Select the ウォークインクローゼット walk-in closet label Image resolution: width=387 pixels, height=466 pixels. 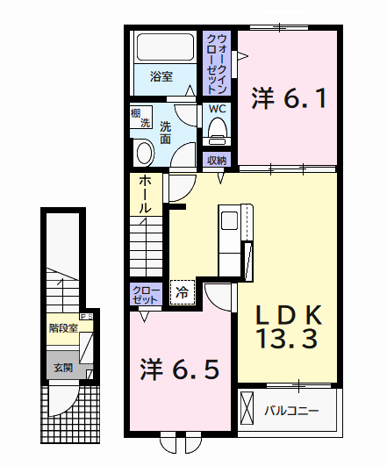219,63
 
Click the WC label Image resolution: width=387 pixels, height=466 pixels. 217,109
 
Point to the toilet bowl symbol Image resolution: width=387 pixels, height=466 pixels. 217,132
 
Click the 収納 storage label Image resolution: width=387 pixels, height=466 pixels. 217,160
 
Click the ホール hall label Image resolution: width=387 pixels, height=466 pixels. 147,194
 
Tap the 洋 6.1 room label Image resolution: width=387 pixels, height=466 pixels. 290,98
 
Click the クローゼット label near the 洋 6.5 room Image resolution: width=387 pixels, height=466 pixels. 146,294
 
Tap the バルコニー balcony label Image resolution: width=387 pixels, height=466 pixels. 291,410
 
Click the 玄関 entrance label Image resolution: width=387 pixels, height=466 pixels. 62,368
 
